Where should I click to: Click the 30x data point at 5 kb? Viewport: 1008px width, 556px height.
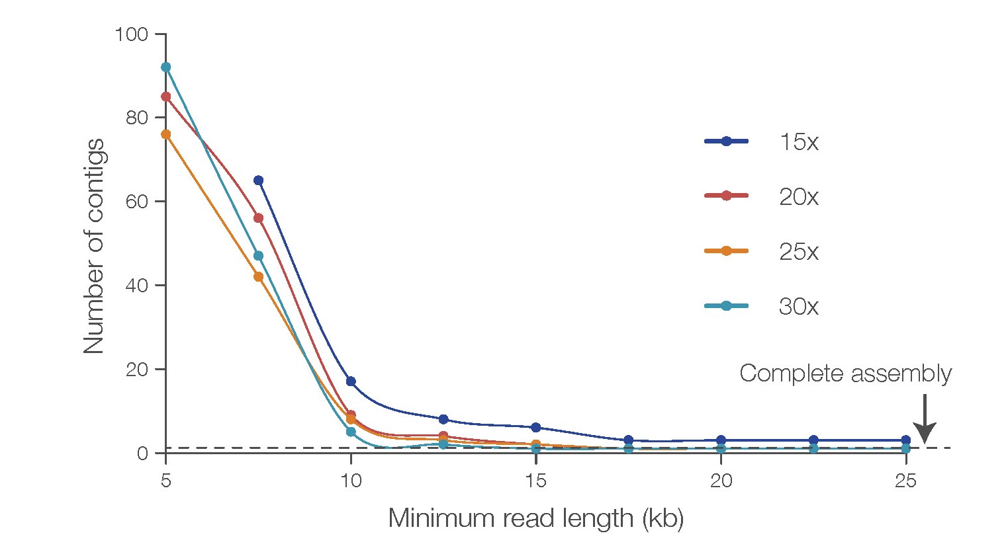click(x=165, y=67)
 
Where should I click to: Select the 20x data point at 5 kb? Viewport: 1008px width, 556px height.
click(x=165, y=97)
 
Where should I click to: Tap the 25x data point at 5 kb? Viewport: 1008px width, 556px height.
click(x=165, y=134)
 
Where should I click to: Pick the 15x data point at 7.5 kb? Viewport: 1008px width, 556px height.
click(x=258, y=180)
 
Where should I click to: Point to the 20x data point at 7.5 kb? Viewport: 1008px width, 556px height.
click(x=258, y=218)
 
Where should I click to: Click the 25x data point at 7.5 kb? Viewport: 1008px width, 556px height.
click(x=258, y=277)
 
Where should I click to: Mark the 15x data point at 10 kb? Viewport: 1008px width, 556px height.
click(x=351, y=381)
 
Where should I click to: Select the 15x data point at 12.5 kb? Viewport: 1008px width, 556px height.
click(x=443, y=419)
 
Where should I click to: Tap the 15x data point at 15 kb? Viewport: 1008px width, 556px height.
click(x=536, y=428)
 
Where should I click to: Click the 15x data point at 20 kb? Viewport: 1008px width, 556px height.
click(x=721, y=440)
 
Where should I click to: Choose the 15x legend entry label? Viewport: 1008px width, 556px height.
click(x=798, y=142)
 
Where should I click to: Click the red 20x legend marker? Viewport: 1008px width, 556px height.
click(x=726, y=196)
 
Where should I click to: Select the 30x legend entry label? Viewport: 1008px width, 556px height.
click(x=798, y=307)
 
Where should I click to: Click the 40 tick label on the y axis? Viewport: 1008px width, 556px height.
click(x=136, y=285)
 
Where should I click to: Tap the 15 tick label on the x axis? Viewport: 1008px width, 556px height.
click(x=536, y=481)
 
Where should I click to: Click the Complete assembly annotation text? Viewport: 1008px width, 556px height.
click(x=845, y=374)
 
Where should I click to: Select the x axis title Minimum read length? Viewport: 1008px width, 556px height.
click(x=535, y=518)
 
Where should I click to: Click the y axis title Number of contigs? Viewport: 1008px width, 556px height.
click(x=94, y=245)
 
